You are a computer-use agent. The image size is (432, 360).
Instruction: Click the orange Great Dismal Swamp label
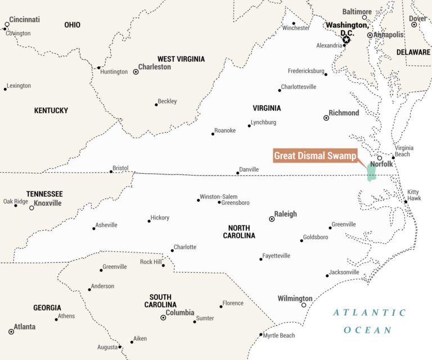coord(315,156)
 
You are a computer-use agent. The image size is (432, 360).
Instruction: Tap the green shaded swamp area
coord(371,172)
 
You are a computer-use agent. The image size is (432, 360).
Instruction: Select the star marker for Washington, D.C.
coord(346,39)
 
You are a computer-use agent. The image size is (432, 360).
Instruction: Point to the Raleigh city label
coord(285,214)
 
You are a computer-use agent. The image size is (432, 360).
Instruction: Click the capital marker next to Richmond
coord(326,118)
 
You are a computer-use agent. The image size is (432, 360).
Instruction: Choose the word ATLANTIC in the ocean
coord(368,313)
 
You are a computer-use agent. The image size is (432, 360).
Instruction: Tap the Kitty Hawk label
coord(413,196)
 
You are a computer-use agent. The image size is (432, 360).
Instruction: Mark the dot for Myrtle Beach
coord(261,335)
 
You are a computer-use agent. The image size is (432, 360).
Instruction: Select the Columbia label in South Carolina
coord(180,313)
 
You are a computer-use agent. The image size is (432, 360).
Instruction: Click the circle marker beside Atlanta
coord(11,332)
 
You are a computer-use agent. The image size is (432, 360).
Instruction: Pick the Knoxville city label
coord(48,203)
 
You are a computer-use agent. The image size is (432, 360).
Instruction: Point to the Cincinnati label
coord(24,20)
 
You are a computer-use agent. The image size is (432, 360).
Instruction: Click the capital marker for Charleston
coord(136,72)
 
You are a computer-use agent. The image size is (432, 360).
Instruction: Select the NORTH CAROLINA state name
coord(238,232)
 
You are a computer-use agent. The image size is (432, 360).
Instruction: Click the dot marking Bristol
coord(111,172)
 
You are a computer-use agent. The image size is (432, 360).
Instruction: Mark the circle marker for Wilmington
coord(304,305)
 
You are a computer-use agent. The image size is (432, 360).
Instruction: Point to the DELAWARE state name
coord(413,52)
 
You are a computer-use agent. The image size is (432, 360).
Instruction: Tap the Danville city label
coord(249,169)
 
